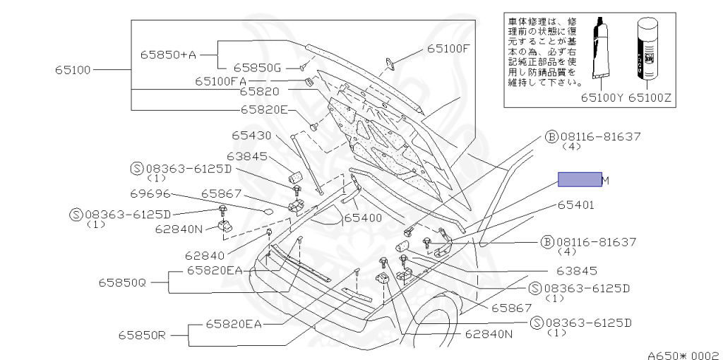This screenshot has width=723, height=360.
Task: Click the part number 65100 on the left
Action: [73, 70]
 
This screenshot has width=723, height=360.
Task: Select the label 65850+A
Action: [167, 54]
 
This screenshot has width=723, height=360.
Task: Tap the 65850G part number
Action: [258, 68]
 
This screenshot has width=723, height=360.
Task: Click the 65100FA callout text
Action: [221, 81]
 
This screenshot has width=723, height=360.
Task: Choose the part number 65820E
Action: [264, 109]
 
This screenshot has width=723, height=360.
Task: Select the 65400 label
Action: [363, 218]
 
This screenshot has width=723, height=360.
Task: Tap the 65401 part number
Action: [575, 206]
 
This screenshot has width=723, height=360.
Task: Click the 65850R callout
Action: [141, 335]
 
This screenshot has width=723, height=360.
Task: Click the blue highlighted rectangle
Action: [580, 179]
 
